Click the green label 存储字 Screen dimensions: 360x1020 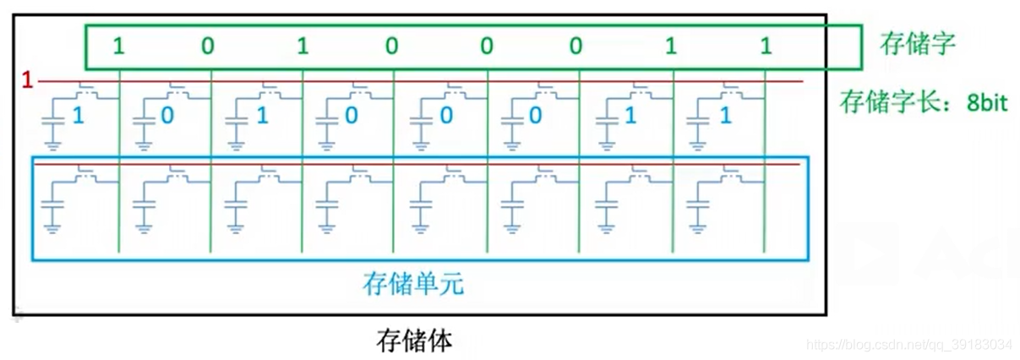(917, 44)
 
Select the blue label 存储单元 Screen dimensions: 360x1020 (413, 283)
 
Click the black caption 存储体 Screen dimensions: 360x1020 (414, 341)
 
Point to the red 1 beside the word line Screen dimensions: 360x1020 (27, 81)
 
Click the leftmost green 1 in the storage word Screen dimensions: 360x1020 (118, 46)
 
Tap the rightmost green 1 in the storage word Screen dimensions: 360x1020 (766, 46)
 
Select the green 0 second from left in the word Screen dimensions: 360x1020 (208, 46)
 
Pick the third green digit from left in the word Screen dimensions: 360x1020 (303, 46)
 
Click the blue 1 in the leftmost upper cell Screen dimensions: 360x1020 (78, 115)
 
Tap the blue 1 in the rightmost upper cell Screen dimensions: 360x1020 (724, 115)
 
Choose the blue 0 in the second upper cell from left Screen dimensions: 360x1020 (167, 115)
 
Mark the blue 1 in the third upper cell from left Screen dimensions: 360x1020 (262, 115)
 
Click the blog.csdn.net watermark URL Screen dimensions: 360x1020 (908, 345)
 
